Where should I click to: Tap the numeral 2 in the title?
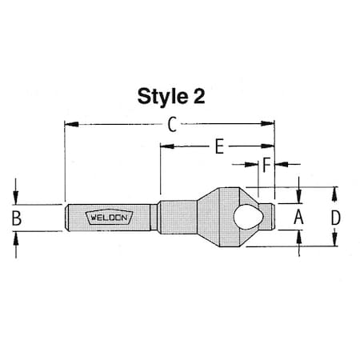click(x=198, y=97)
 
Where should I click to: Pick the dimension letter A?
click(x=298, y=217)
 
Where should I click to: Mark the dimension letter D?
click(x=336, y=217)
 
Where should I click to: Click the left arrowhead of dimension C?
click(x=69, y=124)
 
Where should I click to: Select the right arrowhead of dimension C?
click(x=270, y=124)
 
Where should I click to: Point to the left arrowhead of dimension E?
click(x=165, y=146)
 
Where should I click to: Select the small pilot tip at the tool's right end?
click(x=274, y=216)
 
